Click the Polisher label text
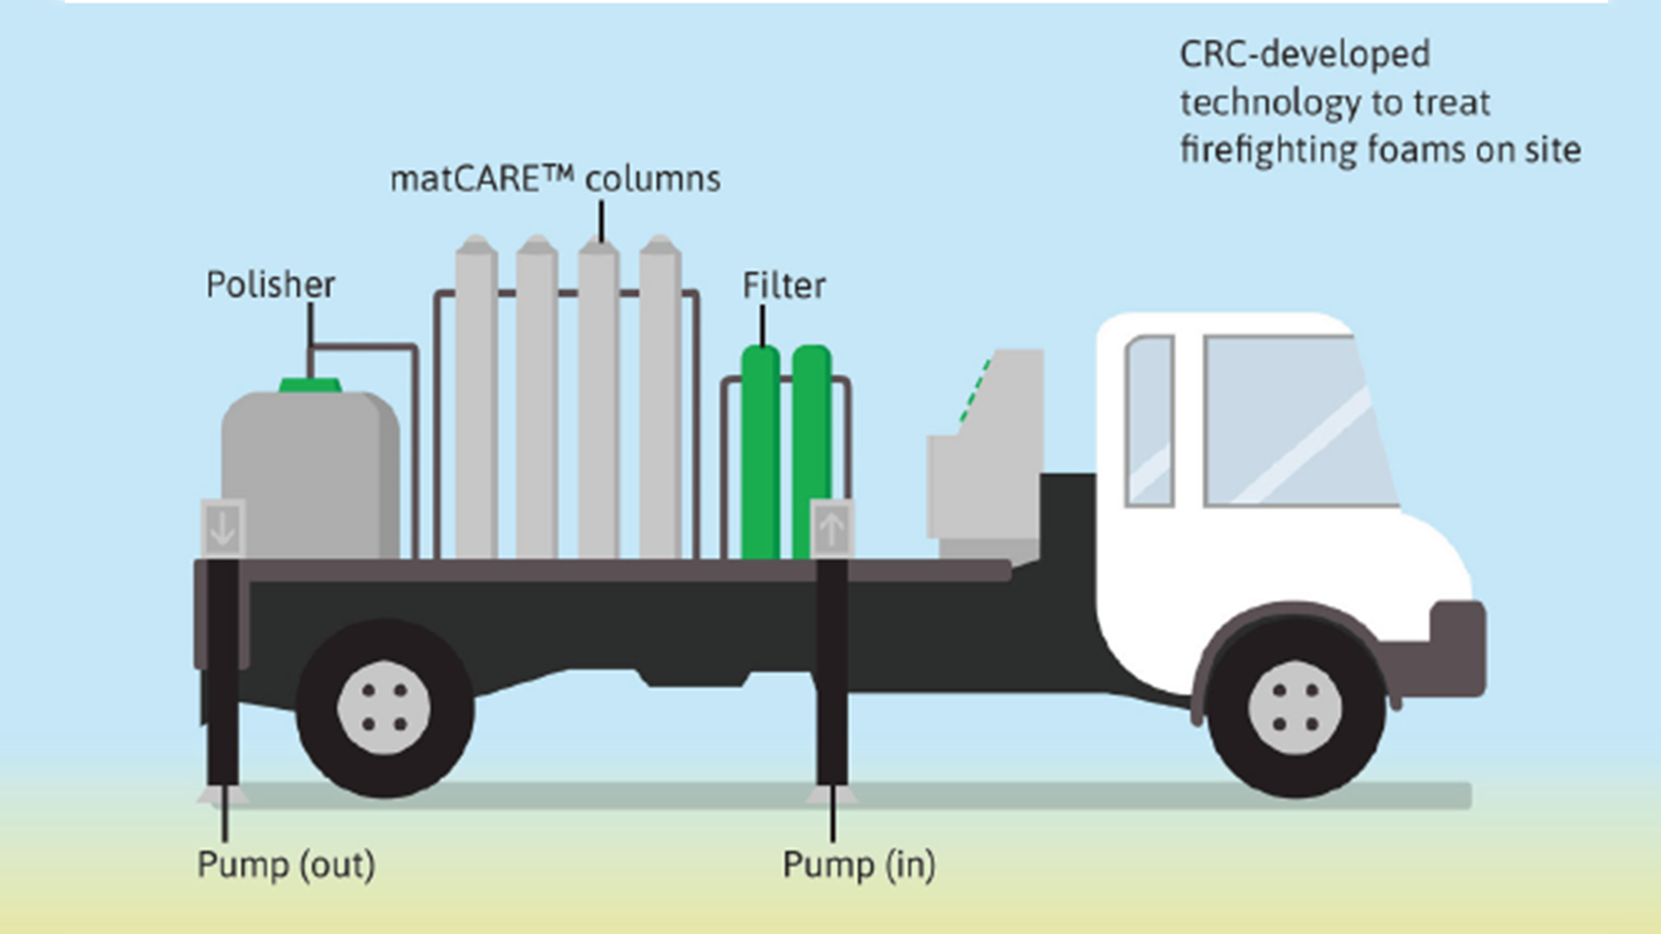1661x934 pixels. click(270, 285)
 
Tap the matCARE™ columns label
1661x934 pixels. click(555, 180)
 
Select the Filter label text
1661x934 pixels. click(784, 285)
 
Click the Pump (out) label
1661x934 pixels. click(285, 865)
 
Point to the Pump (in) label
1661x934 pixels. click(858, 865)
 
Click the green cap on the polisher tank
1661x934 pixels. click(310, 385)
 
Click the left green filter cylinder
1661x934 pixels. click(760, 450)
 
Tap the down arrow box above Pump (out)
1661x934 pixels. click(223, 528)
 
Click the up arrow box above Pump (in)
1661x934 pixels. click(831, 528)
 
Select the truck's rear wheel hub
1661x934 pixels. click(384, 707)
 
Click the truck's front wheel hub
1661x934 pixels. click(1295, 707)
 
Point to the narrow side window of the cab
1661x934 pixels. click(1150, 421)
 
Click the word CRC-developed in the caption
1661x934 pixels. click(1305, 55)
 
